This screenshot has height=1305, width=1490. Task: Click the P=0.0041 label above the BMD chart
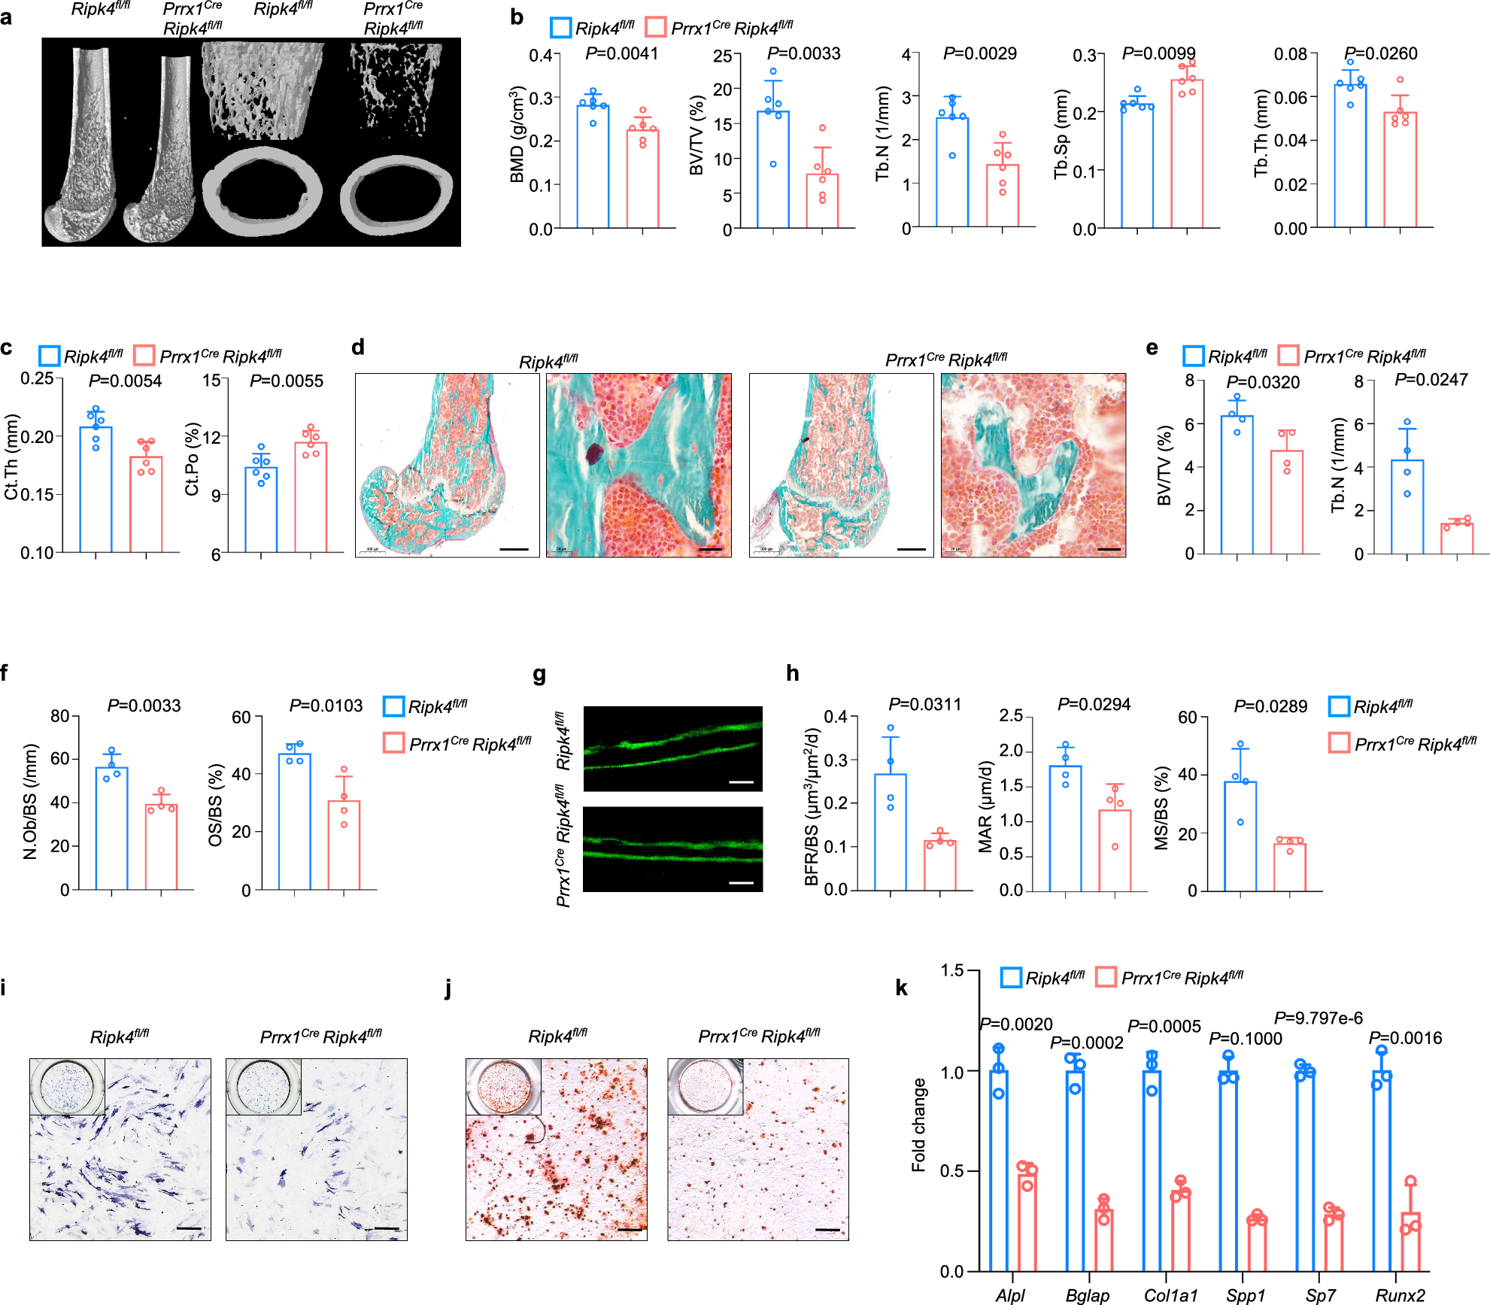(621, 53)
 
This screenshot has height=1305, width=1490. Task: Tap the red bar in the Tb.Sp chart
(1186, 153)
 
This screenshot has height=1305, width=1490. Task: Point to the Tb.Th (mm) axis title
(1261, 134)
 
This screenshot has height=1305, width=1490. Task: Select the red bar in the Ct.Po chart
(311, 497)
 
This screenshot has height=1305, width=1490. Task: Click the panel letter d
(358, 347)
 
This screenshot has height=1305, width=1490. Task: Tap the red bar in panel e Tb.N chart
(1457, 538)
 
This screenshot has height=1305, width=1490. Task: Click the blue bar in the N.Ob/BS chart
(111, 828)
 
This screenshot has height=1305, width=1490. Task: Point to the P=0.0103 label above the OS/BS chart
(326, 706)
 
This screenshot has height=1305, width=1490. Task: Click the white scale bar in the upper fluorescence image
(741, 782)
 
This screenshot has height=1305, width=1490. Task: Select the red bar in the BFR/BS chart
(939, 866)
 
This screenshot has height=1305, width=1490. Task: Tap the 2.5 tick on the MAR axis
(1011, 715)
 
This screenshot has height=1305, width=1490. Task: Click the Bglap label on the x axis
(1087, 1295)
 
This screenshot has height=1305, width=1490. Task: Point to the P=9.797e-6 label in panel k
(1318, 1018)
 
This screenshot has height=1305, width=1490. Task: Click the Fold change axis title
(918, 1124)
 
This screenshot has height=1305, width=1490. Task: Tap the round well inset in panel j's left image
(503, 1087)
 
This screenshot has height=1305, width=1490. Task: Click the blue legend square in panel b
(560, 28)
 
